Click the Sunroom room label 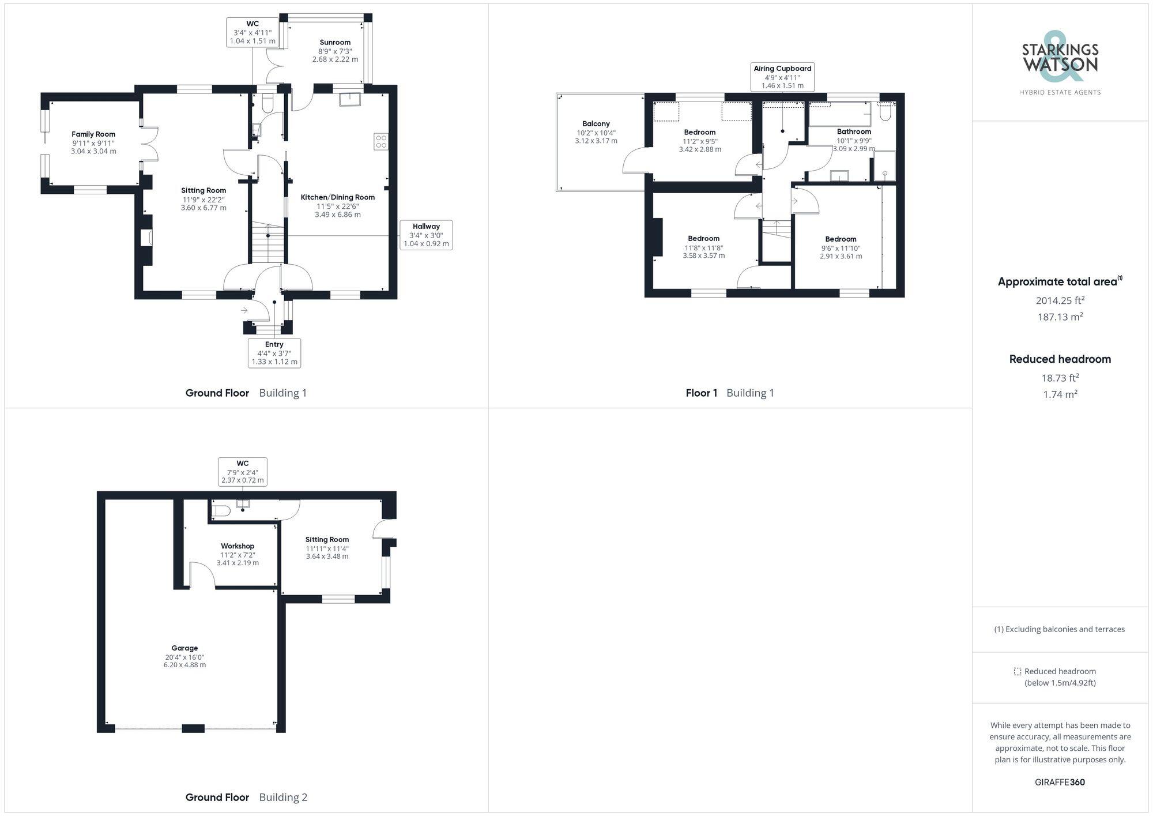coord(335,43)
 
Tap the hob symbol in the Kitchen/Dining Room coord(381,141)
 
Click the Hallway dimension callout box coord(426,235)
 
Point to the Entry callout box coord(274,353)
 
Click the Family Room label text coord(93,134)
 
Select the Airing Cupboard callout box coord(782,77)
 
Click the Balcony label coord(596,124)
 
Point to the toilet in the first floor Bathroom coord(886,112)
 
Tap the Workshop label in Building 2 coord(238,546)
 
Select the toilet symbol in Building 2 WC coord(221,511)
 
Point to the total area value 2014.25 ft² coord(1060,300)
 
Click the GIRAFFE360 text coord(1060,783)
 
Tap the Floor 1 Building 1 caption coord(730,393)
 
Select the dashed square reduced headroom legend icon coord(1018,671)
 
